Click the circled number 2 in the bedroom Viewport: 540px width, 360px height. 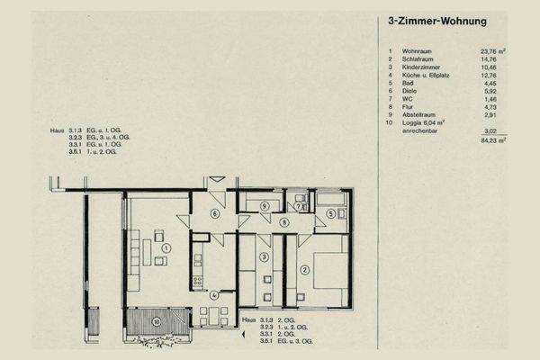(x=304, y=269)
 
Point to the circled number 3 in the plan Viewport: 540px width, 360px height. (x=264, y=258)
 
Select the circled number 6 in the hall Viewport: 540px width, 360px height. (x=214, y=213)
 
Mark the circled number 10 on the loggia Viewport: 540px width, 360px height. (x=156, y=320)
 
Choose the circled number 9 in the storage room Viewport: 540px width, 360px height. (x=264, y=206)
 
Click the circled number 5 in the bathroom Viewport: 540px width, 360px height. (x=330, y=213)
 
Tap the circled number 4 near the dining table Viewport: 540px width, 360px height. (x=214, y=295)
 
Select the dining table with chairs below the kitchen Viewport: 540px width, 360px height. (x=214, y=314)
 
